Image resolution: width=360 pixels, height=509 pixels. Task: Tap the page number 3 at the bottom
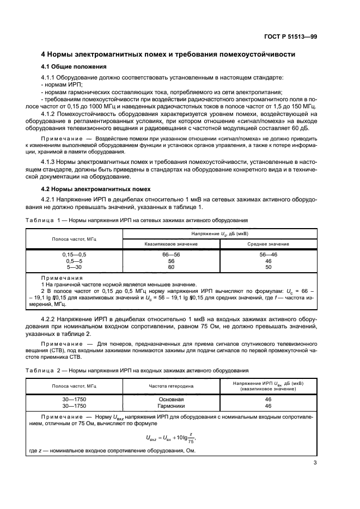[315, 463]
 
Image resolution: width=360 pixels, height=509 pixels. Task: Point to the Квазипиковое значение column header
[171, 244]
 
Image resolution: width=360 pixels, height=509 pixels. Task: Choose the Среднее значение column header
[268, 244]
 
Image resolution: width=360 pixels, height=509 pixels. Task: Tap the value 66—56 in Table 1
[171, 254]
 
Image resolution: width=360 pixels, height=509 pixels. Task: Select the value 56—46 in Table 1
[268, 254]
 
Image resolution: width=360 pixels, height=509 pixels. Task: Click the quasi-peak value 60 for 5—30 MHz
[171, 267]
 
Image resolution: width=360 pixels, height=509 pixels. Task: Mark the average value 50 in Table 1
[268, 267]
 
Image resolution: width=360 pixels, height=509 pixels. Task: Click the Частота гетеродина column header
[171, 386]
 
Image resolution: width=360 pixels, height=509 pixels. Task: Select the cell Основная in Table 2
[171, 399]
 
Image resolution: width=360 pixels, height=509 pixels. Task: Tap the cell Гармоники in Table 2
[171, 406]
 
